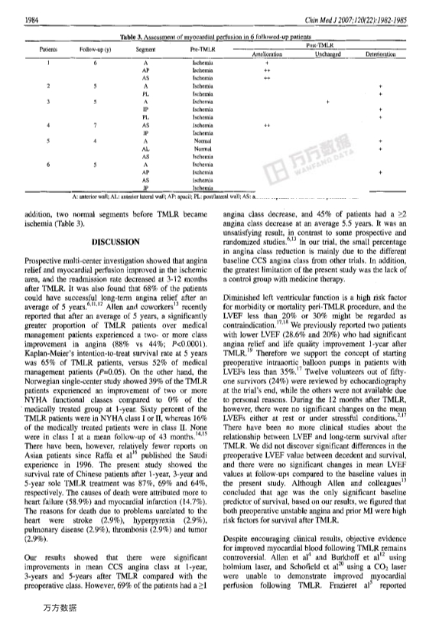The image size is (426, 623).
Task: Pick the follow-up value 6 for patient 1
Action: tap(95, 62)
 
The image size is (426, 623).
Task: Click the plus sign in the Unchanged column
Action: tap(327, 101)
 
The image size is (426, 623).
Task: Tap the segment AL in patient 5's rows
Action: tap(145, 148)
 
